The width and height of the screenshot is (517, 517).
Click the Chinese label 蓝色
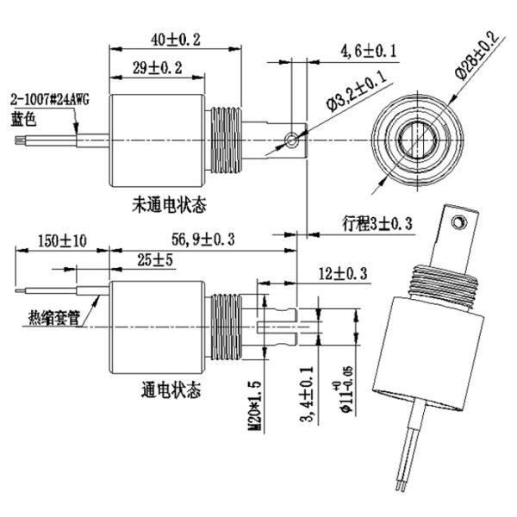23,119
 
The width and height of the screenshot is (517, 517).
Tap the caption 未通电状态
169,205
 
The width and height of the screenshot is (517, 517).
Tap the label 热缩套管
53,318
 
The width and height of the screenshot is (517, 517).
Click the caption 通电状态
170,390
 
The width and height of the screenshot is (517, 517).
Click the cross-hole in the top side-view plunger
293,140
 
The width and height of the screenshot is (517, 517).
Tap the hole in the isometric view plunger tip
461,221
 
